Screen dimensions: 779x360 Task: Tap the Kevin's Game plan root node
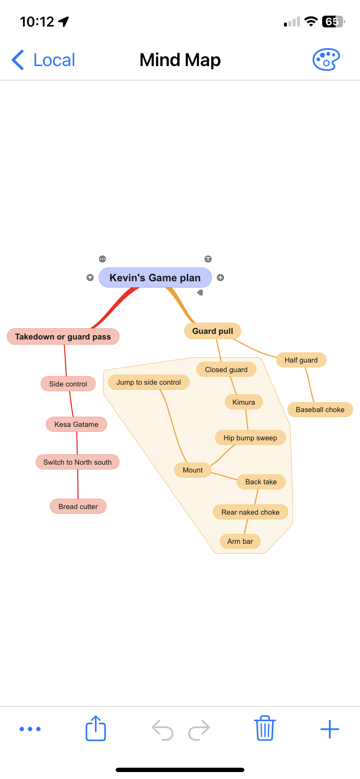[155, 278]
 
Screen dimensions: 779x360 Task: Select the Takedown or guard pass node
[63, 337]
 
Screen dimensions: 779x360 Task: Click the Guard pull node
[213, 331]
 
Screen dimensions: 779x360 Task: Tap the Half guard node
[301, 360]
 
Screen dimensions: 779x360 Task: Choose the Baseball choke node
[320, 409]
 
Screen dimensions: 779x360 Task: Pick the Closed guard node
[226, 370]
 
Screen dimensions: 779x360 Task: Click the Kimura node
[243, 402]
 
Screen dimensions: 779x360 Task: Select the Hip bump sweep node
[250, 438]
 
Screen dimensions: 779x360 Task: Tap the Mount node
[193, 470]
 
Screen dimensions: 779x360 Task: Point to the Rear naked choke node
[250, 512]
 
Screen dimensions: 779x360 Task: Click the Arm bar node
[240, 541]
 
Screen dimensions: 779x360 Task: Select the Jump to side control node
[148, 382]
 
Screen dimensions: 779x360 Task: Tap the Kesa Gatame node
[77, 424]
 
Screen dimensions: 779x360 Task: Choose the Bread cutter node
[78, 506]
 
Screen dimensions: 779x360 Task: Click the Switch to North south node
[77, 462]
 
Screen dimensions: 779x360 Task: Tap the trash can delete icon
[264, 729]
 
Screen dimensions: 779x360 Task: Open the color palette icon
[326, 60]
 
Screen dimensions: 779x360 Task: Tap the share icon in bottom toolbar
[96, 729]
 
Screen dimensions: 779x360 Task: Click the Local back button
[43, 60]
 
